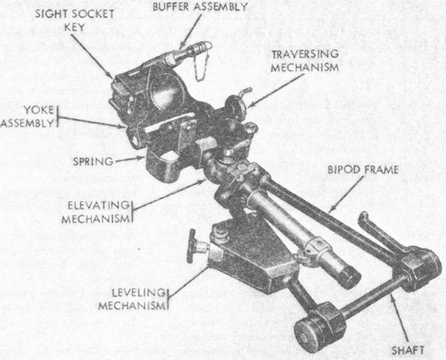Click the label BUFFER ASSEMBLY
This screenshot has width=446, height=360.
click(x=200, y=7)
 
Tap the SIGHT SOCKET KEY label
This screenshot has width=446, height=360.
click(x=74, y=20)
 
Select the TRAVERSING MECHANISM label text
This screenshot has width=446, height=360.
click(x=305, y=61)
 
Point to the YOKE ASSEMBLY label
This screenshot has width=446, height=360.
click(x=28, y=116)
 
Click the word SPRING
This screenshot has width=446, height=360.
click(x=93, y=162)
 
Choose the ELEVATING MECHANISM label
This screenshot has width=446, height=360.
click(x=96, y=212)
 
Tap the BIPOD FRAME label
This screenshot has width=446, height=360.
click(x=363, y=170)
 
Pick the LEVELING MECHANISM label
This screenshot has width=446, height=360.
click(x=131, y=299)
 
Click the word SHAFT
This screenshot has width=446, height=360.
click(x=408, y=350)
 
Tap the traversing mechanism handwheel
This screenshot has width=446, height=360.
click(x=237, y=107)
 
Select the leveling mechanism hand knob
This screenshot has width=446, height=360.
click(x=192, y=246)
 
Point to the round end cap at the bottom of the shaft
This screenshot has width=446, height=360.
click(x=305, y=334)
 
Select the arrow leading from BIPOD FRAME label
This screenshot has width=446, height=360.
click(x=346, y=194)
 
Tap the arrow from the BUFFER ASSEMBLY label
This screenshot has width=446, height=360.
click(x=190, y=31)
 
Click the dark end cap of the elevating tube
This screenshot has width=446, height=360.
click(x=349, y=276)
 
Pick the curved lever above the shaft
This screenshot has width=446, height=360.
click(x=378, y=232)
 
